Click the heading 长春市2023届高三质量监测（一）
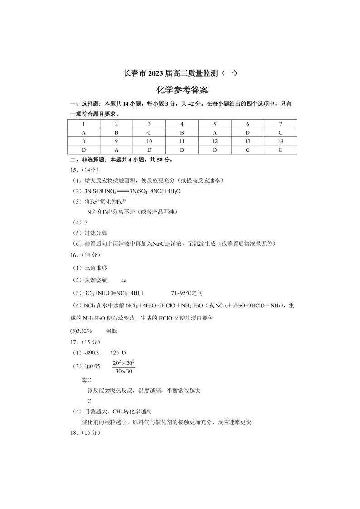click(x=180, y=73)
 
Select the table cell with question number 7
click(x=280, y=124)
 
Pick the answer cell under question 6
click(x=248, y=132)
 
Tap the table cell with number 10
click(x=149, y=141)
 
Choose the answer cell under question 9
click(x=117, y=150)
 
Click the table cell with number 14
click(x=280, y=141)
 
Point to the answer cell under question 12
click(x=215, y=150)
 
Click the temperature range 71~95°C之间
click(x=190, y=293)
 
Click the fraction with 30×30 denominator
click(x=124, y=367)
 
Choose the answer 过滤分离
click(x=95, y=233)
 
